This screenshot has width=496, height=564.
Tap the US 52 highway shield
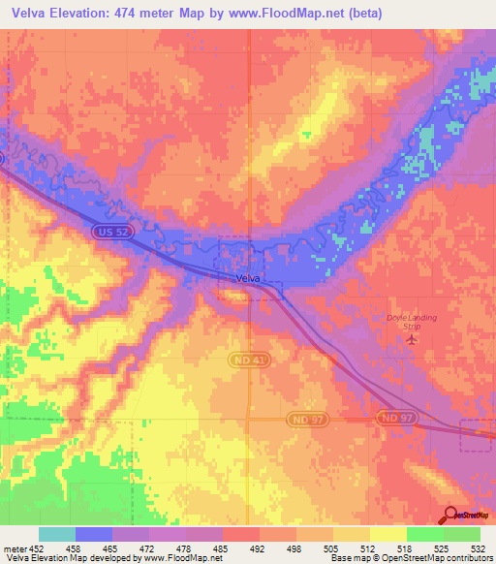pyautogui.click(x=108, y=232)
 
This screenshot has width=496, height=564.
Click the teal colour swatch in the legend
pyautogui.click(x=57, y=534)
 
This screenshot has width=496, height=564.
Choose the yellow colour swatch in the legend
pyautogui.click(x=387, y=534)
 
